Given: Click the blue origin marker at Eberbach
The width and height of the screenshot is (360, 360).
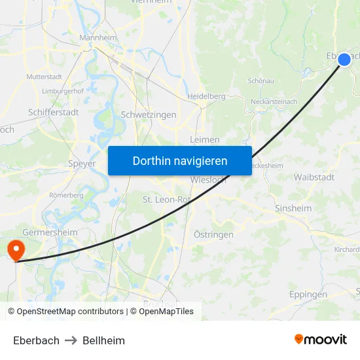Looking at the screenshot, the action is click(344, 60).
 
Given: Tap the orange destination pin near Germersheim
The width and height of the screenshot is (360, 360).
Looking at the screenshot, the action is click(14, 249).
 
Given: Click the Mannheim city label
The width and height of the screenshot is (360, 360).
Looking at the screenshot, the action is click(98, 38).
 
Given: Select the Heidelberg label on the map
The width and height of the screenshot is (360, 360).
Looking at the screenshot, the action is click(206, 96).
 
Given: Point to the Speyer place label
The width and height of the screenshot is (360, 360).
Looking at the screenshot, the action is click(82, 164).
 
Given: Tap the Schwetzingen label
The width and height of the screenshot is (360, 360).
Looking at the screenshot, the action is click(149, 115).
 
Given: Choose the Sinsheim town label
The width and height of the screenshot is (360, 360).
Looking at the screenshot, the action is click(293, 207).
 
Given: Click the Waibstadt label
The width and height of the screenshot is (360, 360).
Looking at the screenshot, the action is click(314, 177).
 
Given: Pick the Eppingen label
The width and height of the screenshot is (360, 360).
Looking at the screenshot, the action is click(308, 295).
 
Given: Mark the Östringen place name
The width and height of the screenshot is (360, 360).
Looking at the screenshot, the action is click(213, 234).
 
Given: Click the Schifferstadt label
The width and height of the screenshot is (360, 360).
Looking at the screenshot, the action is click(54, 112).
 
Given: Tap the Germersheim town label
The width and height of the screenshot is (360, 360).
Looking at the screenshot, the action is click(50, 232).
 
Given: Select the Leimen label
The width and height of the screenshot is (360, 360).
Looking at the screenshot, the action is click(204, 139).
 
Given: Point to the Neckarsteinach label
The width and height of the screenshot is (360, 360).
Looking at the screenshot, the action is click(274, 101).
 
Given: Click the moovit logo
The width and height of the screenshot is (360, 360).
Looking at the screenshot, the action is click(321, 339).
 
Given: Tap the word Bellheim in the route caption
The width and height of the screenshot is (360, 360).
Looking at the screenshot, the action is click(103, 340).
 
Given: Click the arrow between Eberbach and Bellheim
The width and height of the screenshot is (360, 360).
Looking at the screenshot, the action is click(71, 340).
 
